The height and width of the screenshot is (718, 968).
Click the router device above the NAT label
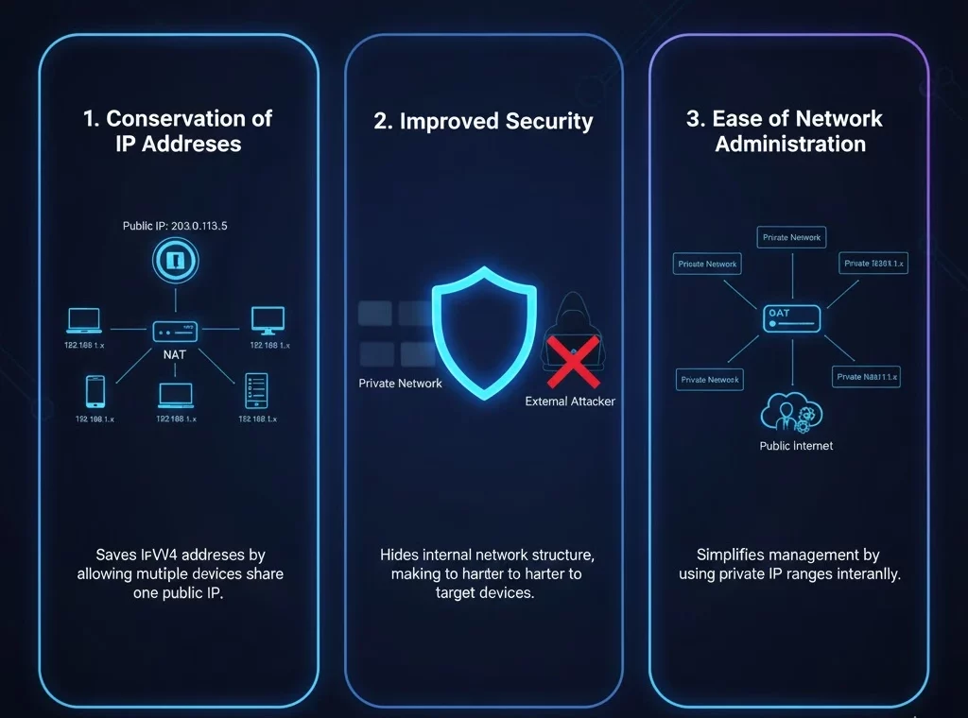177,332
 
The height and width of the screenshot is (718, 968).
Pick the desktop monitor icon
268,320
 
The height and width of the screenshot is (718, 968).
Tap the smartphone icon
95,391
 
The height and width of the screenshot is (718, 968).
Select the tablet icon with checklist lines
256,390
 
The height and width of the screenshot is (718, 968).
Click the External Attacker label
570,402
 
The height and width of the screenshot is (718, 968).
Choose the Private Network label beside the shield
400,384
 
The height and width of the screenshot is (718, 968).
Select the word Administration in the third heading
790,145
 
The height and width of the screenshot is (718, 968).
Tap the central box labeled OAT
791,319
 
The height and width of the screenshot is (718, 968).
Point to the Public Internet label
796,446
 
